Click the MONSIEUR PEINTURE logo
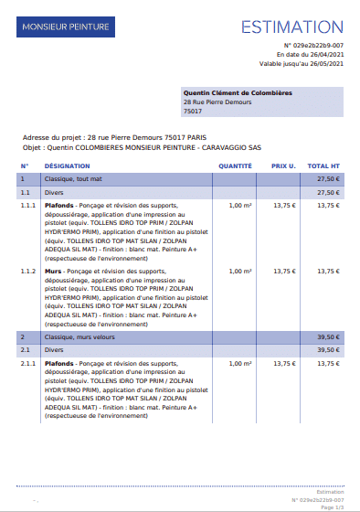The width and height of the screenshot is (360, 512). coord(65,27)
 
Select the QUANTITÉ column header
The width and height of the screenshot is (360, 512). coord(235,166)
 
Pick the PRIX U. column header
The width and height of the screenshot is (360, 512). coord(283,166)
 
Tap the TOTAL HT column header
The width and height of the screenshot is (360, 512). coord(324,166)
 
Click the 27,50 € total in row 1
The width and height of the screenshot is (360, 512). coord(328,179)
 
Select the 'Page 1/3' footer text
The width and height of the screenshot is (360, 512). coord(332,507)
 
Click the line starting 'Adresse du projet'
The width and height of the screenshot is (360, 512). coord(103,137)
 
